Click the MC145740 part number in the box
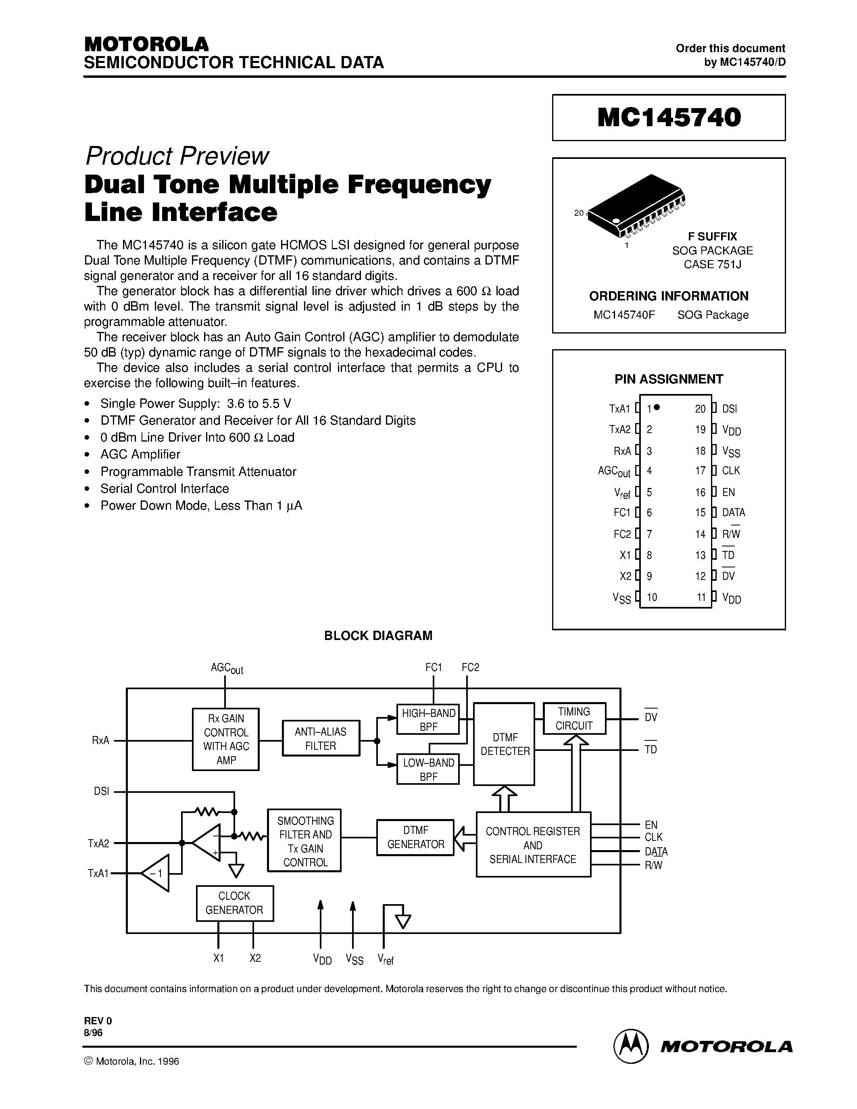tap(669, 117)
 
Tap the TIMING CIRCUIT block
tap(574, 719)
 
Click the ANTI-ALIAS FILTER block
tap(321, 738)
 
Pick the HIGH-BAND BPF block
tap(428, 719)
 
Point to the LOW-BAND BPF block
tap(428, 769)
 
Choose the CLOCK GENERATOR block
tap(235, 903)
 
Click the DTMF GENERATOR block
tap(415, 837)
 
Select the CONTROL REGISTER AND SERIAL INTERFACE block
tap(533, 844)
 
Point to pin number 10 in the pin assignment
tap(652, 597)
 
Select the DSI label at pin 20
tap(730, 409)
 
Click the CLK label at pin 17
tap(731, 471)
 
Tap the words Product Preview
tap(177, 156)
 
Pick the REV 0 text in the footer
tap(98, 1021)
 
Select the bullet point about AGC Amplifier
tap(140, 454)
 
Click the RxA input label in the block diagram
tap(100, 740)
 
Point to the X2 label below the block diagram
tap(255, 958)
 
